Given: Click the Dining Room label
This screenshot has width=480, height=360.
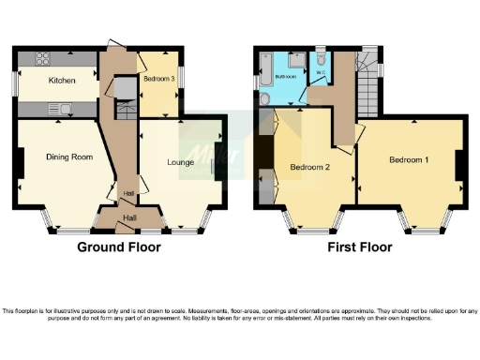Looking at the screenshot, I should coord(69,157).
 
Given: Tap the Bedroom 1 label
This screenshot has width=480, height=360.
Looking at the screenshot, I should coord(409,160).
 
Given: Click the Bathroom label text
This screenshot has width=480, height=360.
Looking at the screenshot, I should coord(287,80).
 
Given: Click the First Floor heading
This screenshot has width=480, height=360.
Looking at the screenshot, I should coord(359,247).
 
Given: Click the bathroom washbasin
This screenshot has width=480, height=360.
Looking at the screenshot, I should coord(265,99).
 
